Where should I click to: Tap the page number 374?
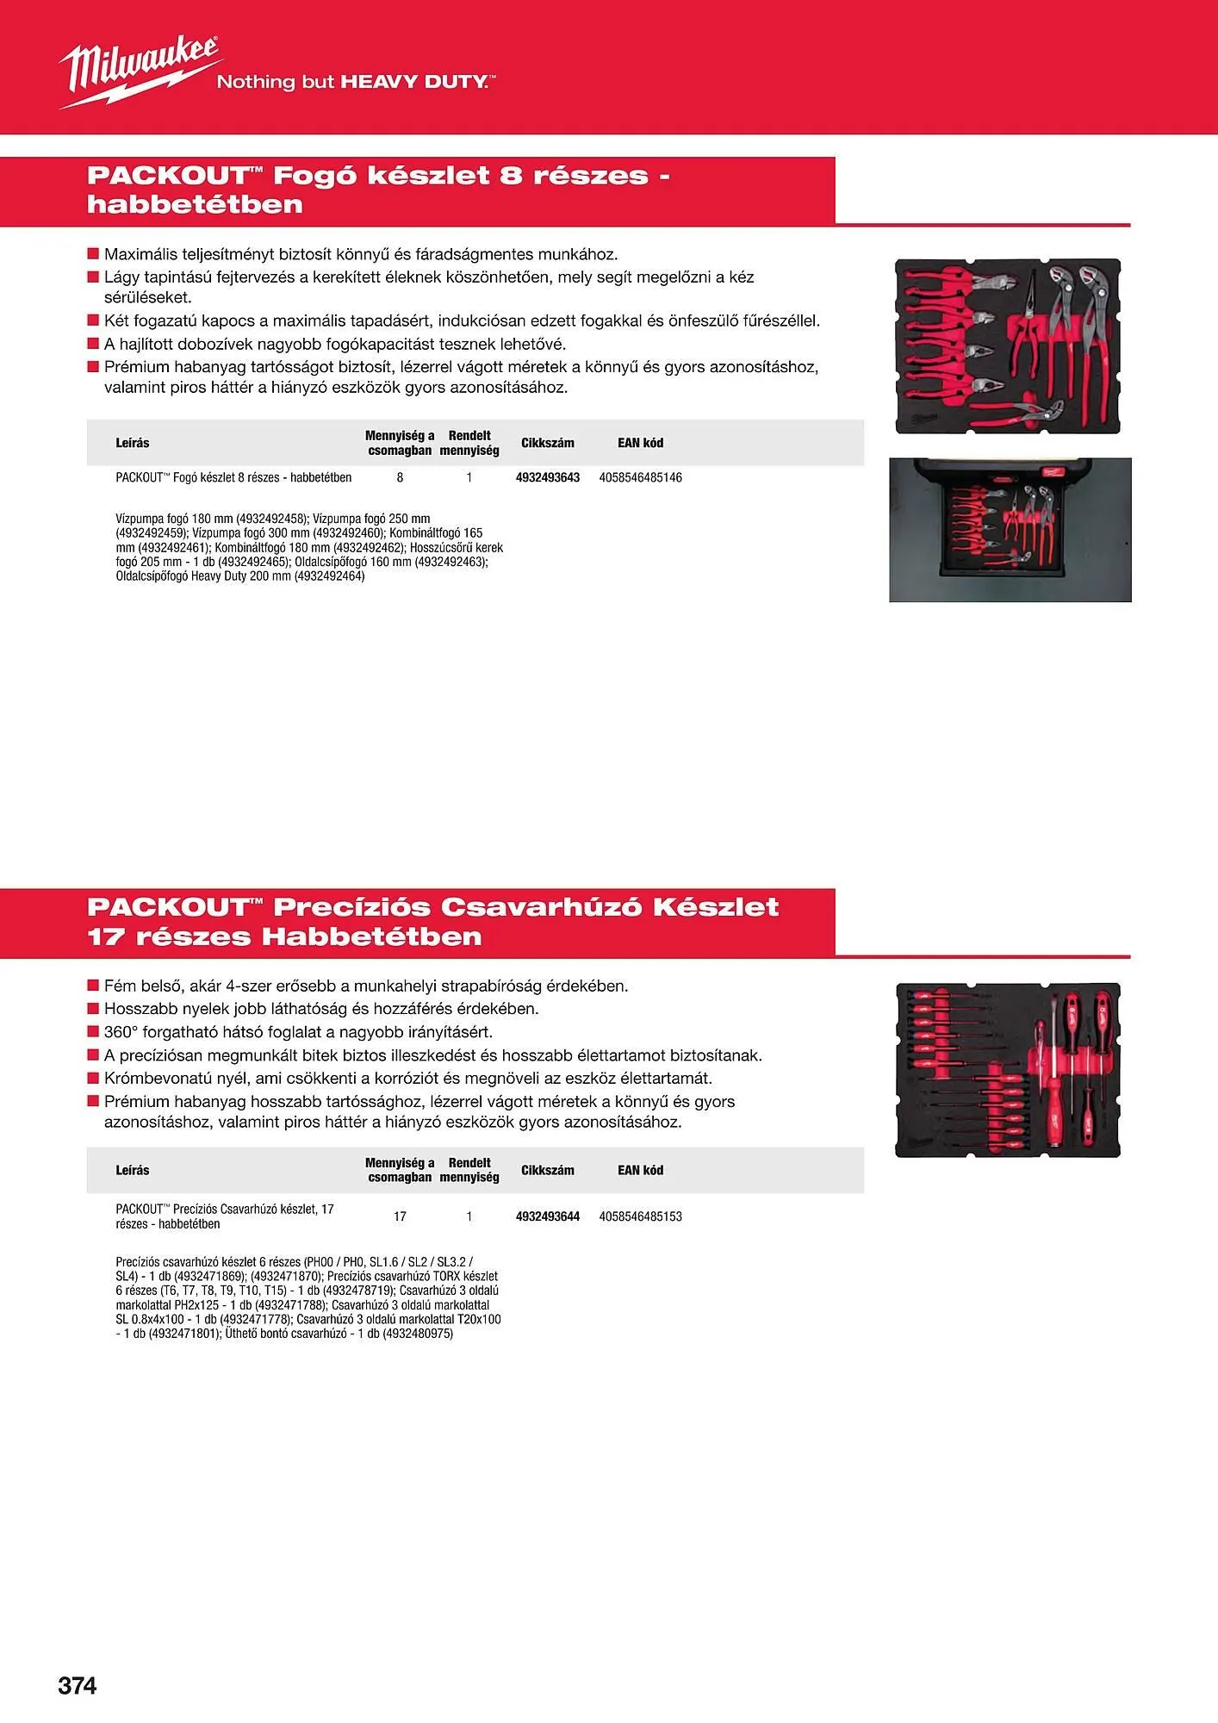tap(78, 1685)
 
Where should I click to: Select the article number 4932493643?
tap(548, 477)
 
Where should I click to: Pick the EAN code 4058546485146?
tap(640, 477)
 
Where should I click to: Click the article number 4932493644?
tap(548, 1216)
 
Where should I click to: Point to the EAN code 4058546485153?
tap(640, 1216)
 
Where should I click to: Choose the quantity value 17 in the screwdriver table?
tap(400, 1216)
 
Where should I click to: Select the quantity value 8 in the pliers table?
tap(400, 477)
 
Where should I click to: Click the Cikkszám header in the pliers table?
tap(547, 443)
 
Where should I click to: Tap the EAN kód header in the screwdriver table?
tap(640, 1170)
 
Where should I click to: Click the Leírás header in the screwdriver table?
tap(133, 1170)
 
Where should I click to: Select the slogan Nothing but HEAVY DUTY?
tap(355, 82)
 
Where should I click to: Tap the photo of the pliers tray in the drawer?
tap(1010, 530)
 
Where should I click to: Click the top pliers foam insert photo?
tap(1008, 345)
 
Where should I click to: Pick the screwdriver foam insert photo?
tap(1008, 1070)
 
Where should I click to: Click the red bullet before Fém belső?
tap(93, 986)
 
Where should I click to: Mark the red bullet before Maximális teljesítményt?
tap(93, 254)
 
